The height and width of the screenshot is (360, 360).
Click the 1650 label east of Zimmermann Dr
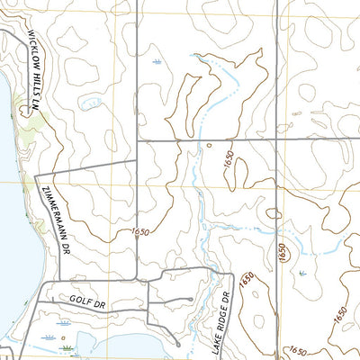pyautogui.click(x=139, y=233)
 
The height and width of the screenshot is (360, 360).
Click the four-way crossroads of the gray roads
pyautogui.click(x=274, y=140)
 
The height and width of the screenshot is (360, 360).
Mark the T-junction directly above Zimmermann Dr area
pyautogui.click(x=136, y=160)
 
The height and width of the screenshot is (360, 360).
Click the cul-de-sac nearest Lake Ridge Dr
pyautogui.click(x=192, y=300)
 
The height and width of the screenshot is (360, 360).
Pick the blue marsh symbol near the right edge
pyautogui.click(x=301, y=271)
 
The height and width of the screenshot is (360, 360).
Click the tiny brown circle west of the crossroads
pyautogui.click(x=209, y=145)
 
